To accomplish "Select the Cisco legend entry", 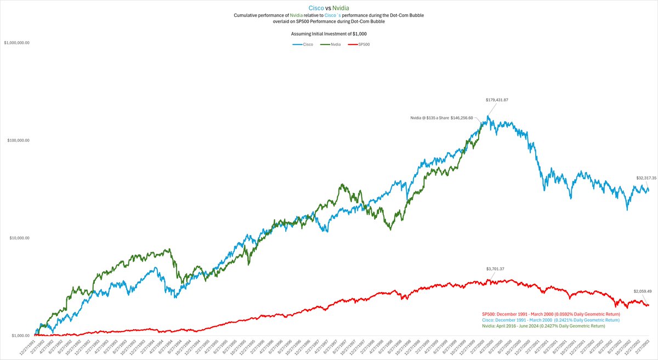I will [304, 44].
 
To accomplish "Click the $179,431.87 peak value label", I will [497, 100].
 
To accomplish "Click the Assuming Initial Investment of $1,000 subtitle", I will [329, 33].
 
